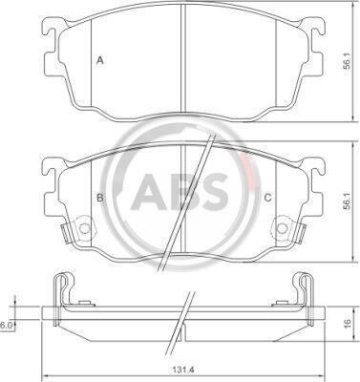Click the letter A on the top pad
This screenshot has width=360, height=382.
[100, 60]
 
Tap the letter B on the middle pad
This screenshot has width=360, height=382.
[100, 198]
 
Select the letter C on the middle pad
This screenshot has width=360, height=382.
[268, 198]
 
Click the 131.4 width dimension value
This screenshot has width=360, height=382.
[184, 370]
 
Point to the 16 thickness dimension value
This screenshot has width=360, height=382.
[348, 323]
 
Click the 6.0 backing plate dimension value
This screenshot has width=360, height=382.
[6, 325]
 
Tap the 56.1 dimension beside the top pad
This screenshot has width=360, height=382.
[347, 61]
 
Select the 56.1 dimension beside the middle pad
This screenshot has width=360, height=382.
[347, 201]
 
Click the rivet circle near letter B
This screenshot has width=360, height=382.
[84, 228]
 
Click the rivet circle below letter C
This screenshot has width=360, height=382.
[282, 228]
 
